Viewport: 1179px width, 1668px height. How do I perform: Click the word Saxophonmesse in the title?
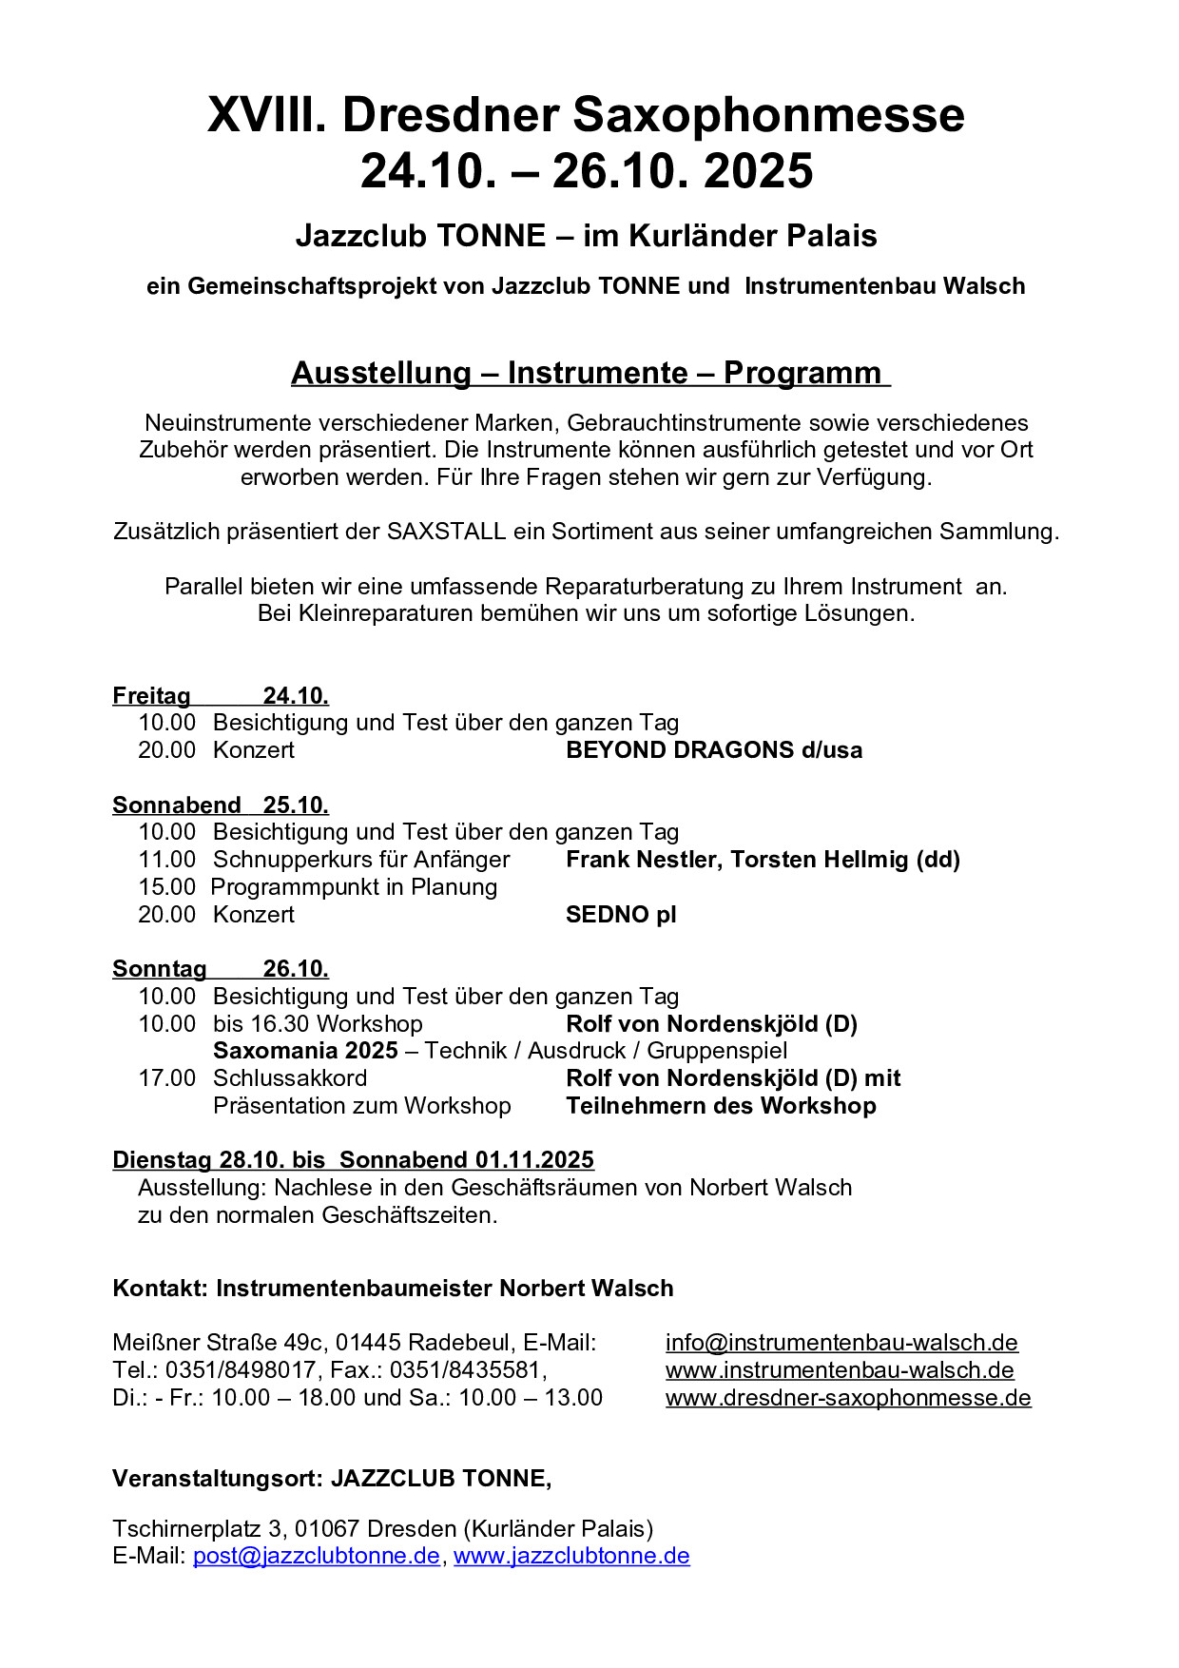tap(769, 115)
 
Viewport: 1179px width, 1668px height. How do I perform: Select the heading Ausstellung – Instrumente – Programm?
tap(589, 373)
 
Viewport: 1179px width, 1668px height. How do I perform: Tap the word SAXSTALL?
tap(446, 532)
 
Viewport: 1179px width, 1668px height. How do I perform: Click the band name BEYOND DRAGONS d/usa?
tap(714, 750)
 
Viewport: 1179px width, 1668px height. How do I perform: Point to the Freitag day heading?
tap(151, 696)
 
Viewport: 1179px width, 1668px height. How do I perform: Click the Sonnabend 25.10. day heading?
tap(221, 805)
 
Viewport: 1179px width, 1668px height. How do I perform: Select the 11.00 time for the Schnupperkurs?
tap(167, 860)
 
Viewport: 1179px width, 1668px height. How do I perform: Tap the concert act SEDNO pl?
tap(621, 915)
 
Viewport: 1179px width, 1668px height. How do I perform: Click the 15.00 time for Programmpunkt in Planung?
tap(167, 887)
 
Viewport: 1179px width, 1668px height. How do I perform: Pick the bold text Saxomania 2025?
tap(305, 1051)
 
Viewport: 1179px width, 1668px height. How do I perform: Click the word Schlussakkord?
tap(290, 1078)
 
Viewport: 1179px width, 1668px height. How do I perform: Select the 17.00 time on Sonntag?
tap(167, 1078)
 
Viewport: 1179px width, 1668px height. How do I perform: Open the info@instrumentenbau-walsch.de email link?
tap(841, 1343)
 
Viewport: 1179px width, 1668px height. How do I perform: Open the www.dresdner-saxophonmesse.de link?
tap(848, 1398)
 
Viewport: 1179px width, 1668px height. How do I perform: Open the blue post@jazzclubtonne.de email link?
tap(317, 1556)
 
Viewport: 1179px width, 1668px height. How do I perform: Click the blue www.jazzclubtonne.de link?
tap(571, 1556)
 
